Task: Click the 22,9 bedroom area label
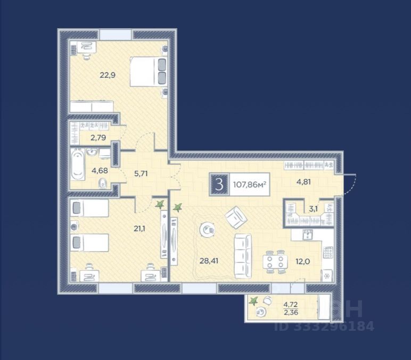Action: pyautogui.click(x=108, y=76)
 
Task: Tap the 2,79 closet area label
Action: pyautogui.click(x=98, y=137)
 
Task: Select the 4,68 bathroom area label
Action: pyautogui.click(x=100, y=171)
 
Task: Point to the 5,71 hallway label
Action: pyautogui.click(x=141, y=173)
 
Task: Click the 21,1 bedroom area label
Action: pyautogui.click(x=139, y=229)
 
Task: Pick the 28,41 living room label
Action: pyautogui.click(x=209, y=261)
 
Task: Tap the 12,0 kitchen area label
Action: pyautogui.click(x=303, y=261)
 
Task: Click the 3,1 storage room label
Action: pyautogui.click(x=313, y=209)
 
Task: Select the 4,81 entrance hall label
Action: pyautogui.click(x=303, y=181)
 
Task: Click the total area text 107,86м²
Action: pyautogui.click(x=250, y=185)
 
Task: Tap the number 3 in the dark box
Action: pyautogui.click(x=219, y=185)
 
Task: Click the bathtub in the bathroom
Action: pyautogui.click(x=78, y=164)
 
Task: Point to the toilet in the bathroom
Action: pyautogui.click(x=103, y=183)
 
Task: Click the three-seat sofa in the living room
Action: pyautogui.click(x=243, y=256)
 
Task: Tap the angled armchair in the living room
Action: pyautogui.click(x=236, y=217)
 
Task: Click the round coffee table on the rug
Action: pyautogui.click(x=208, y=230)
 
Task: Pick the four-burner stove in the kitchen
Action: pyautogui.click(x=328, y=253)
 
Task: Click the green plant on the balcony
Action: pyautogui.click(x=253, y=301)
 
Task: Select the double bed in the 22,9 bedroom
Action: pyautogui.click(x=149, y=71)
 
